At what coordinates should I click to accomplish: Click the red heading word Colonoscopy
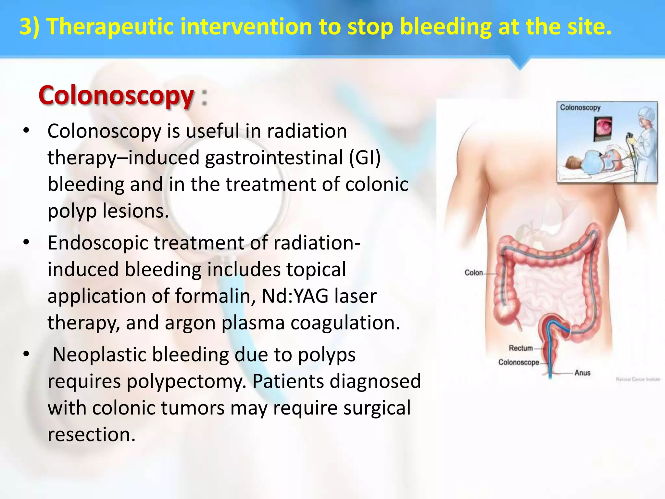coord(116,96)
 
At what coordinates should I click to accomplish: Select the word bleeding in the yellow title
coord(445,27)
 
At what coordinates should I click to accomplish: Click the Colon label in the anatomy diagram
coord(473,273)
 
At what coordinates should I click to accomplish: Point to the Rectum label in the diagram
coord(521,348)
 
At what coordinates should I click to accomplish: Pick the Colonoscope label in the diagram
coord(519,362)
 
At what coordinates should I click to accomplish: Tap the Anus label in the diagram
coord(582,373)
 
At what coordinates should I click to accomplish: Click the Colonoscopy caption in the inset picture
coord(580,108)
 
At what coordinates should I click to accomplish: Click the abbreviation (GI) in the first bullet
coord(365,158)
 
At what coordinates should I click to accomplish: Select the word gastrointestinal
coord(274,158)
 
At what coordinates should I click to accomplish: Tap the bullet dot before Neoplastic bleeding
coord(26,354)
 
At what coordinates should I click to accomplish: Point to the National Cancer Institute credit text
coord(638,379)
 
